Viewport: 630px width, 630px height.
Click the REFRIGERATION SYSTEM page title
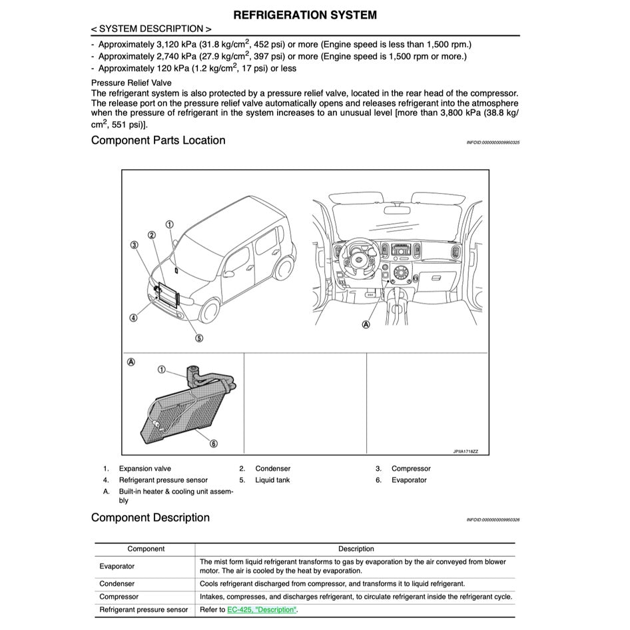coord(305,15)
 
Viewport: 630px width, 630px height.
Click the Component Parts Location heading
coord(158,141)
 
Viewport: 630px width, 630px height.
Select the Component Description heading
coord(150,518)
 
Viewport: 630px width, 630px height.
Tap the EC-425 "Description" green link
coord(261,610)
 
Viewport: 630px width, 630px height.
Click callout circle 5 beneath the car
coord(198,338)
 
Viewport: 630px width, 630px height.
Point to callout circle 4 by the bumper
coord(133,318)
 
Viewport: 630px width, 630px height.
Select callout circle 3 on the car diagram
coord(134,245)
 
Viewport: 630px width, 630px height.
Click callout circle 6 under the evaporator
coord(213,443)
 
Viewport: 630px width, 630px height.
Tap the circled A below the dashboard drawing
coord(366,324)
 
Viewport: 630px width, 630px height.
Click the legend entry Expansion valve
coord(145,469)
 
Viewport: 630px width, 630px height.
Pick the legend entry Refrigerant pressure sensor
coord(163,480)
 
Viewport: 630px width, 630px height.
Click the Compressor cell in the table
coord(119,597)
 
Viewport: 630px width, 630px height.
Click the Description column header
coord(356,549)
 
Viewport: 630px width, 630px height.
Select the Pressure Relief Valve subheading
coord(131,83)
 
